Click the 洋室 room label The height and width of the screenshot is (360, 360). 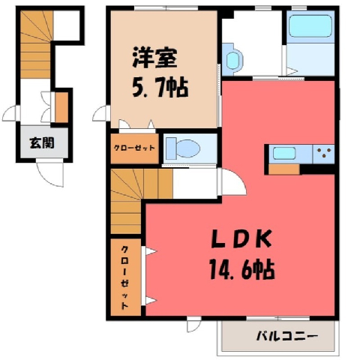(154, 58)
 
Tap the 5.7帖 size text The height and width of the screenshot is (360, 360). (160, 87)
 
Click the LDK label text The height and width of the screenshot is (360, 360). (241, 238)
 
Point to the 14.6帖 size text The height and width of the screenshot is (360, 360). (242, 269)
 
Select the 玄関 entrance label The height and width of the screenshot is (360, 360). (42, 143)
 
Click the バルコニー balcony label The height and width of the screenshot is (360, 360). (287, 336)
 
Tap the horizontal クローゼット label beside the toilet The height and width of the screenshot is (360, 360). (134, 148)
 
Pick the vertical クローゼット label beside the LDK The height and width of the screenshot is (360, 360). (125, 277)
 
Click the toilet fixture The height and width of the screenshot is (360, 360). (184, 148)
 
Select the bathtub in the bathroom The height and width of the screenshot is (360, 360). (310, 26)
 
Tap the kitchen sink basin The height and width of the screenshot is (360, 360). (284, 153)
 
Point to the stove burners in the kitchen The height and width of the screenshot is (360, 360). (324, 152)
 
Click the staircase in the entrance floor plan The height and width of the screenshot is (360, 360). (36, 44)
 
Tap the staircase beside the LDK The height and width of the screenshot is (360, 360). (135, 197)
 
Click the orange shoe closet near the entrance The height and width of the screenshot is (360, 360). (61, 107)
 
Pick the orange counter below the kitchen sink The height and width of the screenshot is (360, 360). (284, 169)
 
